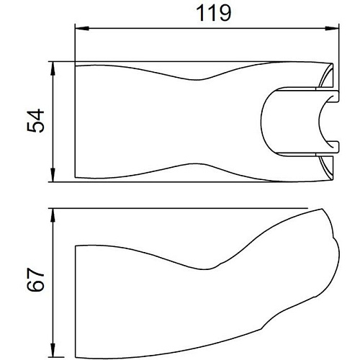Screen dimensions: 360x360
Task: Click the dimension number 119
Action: point(213,14)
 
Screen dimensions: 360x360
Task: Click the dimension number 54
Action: point(35,121)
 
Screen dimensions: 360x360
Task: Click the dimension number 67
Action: point(35,279)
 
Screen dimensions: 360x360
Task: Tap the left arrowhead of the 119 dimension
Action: point(82,29)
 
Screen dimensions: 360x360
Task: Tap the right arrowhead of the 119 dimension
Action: point(332,29)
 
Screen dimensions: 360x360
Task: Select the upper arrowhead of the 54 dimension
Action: point(53,69)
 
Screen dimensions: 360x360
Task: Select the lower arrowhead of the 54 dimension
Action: point(53,175)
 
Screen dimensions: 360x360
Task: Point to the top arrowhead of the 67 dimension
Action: point(53,215)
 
